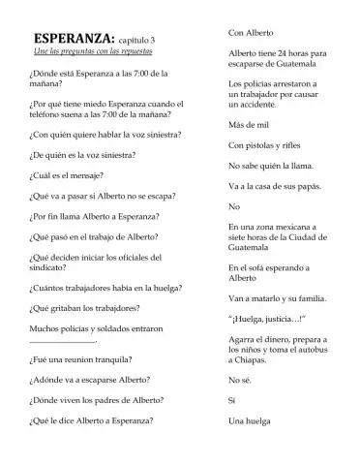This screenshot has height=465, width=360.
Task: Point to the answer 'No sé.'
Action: tap(239, 381)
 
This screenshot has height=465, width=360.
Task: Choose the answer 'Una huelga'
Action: tap(249, 421)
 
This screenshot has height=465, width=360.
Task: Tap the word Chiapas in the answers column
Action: tap(254, 360)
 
